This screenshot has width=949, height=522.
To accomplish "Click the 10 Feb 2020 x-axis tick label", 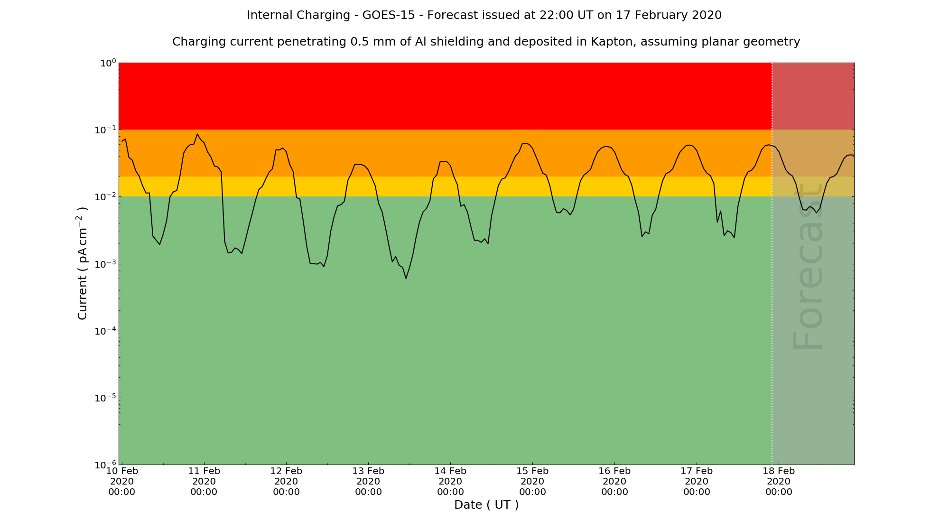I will pos(122,481).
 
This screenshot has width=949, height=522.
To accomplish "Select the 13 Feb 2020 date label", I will pos(368,481).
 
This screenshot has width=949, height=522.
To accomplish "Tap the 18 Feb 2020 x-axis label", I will pos(779,481).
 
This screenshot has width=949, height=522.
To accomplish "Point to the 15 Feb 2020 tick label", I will pos(532,481).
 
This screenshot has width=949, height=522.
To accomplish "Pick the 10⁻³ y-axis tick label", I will pos(106,264).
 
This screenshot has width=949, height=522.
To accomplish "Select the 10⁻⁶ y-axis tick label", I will pos(106,465).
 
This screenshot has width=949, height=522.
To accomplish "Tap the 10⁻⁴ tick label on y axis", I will pos(106,331).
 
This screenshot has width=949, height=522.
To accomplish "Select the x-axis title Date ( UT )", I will pos(486,505).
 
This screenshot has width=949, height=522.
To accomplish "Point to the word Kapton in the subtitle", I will pos(612,42).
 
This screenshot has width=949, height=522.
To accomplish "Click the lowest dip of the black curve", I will pos(406,278).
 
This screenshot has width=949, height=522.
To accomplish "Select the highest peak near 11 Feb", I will pos(197,134).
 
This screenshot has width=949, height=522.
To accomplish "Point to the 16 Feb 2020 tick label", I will pos(614,481).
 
